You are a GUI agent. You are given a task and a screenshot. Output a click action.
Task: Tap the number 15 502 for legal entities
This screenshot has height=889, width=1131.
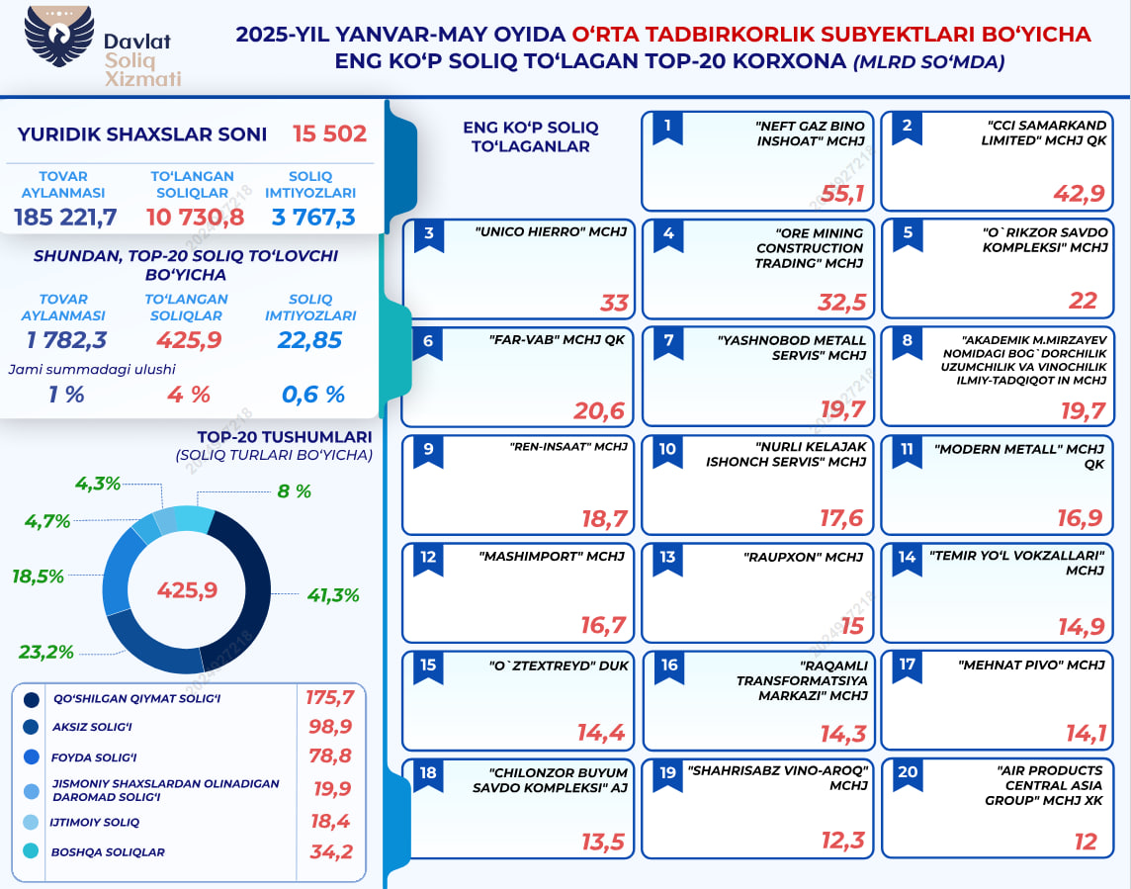(329, 133)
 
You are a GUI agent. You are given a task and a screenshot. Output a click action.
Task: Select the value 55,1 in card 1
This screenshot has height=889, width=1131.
(843, 194)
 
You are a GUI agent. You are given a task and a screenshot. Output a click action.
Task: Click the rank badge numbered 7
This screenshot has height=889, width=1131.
(669, 342)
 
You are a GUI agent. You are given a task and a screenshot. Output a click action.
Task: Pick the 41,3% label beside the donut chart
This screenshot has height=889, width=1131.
(332, 595)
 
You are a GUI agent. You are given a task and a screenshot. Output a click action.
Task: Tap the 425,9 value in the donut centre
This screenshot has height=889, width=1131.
(187, 590)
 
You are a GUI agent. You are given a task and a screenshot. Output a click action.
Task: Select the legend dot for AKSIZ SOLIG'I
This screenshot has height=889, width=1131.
(32, 729)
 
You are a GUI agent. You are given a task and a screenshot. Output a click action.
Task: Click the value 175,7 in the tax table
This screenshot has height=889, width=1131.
(330, 698)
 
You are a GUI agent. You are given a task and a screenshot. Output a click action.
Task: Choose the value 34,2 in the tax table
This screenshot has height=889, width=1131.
(331, 851)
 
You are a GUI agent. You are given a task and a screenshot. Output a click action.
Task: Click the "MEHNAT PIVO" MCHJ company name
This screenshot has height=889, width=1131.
(1031, 665)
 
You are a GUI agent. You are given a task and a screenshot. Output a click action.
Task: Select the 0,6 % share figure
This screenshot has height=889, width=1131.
(312, 395)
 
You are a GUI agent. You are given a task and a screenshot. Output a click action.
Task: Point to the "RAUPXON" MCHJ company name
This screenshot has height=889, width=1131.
(803, 557)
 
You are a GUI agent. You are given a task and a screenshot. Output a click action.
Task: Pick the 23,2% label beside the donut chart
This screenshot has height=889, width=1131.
(46, 652)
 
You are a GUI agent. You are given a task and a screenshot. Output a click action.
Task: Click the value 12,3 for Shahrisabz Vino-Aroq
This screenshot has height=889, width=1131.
(843, 842)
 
